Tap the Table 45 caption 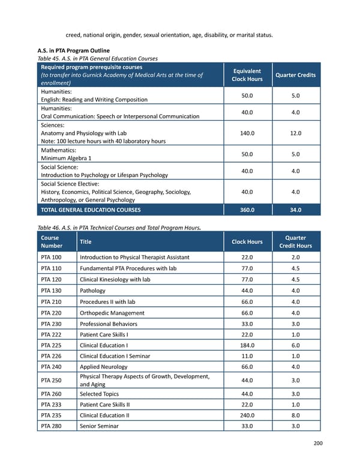pyautogui.click(x=98, y=58)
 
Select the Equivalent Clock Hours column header pyautogui.click(x=247, y=75)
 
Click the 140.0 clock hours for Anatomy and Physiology pyautogui.click(x=247, y=133)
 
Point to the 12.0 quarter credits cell pyautogui.click(x=296, y=133)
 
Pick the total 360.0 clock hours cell pyautogui.click(x=247, y=210)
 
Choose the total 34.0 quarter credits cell pyautogui.click(x=296, y=210)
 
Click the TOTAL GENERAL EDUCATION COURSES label pyautogui.click(x=90, y=210)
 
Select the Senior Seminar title pyautogui.click(x=100, y=426)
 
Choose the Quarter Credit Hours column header pyautogui.click(x=296, y=242)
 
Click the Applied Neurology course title pyautogui.click(x=103, y=366)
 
